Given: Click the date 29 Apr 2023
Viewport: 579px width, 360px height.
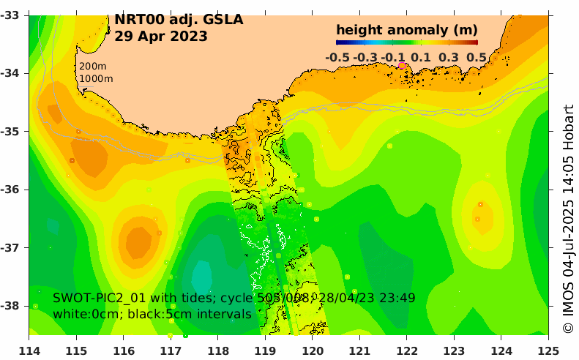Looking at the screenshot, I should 161,36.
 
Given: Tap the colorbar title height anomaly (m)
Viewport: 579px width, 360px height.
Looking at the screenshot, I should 406,30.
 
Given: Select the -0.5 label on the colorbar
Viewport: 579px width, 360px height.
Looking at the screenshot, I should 337,57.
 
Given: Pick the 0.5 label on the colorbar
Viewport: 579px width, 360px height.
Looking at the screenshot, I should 477,57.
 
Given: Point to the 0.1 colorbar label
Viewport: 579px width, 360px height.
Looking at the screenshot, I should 421,57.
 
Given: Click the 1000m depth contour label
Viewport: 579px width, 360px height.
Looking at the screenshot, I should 96,78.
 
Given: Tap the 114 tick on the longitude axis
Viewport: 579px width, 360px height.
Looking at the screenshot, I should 29,351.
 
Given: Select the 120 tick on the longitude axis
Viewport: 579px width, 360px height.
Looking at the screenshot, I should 313,351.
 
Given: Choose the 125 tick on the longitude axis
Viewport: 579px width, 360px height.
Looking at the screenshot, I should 548,351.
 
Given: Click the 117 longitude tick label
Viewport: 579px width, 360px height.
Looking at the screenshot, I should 171,351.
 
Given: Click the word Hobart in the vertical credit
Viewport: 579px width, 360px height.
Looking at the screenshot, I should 568,119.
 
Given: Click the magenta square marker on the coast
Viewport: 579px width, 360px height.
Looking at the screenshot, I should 401,66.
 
